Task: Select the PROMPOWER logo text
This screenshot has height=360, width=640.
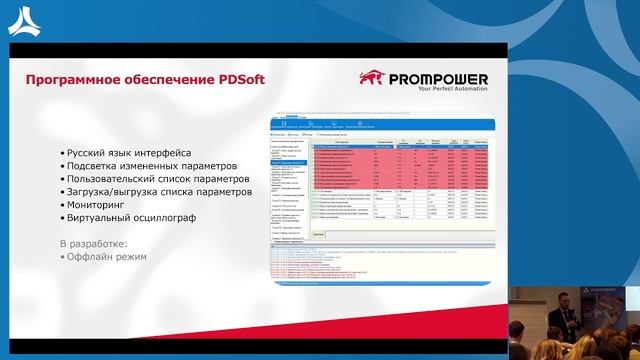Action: coord(438,78)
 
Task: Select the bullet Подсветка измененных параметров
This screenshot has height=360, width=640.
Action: coord(150,165)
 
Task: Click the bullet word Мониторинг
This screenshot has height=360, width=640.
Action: coord(99,204)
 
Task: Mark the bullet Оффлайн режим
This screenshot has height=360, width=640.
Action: coord(104,256)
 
